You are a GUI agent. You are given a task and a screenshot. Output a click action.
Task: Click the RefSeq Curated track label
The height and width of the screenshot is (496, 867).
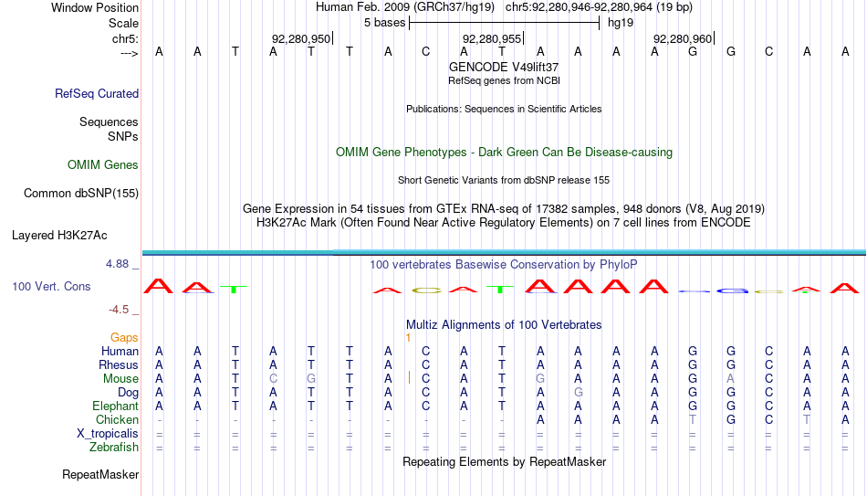pos(97,93)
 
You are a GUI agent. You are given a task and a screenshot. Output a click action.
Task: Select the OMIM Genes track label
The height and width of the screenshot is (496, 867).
pos(103,165)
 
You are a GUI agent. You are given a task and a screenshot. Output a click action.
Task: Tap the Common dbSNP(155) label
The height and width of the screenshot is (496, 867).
pos(81,194)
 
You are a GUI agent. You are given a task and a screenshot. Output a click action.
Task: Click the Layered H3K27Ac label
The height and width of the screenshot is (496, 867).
pos(59,236)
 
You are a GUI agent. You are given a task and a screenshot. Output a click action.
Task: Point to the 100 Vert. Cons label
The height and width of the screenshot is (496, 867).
pos(51,286)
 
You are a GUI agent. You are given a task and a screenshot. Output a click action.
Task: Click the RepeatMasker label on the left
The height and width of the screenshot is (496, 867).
pos(100,474)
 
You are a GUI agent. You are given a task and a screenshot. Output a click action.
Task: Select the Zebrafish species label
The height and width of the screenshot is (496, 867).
pos(114,448)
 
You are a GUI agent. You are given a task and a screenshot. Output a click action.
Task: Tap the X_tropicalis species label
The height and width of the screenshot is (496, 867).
pos(108,434)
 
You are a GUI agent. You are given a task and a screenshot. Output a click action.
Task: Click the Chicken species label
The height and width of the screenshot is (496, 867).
pos(117,420)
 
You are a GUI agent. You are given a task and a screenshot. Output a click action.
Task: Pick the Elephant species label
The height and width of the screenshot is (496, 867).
pos(115,406)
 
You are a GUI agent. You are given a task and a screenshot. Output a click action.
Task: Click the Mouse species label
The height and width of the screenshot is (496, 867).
pos(120,379)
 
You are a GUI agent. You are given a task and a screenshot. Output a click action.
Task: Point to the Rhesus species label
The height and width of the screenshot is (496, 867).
pos(119,364)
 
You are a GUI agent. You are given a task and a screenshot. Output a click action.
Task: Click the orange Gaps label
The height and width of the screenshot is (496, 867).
pos(124,338)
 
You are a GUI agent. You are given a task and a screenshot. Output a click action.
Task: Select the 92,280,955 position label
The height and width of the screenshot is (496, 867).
pos(492,38)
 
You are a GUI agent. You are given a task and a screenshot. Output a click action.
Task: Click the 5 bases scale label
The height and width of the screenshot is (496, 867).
pos(384,23)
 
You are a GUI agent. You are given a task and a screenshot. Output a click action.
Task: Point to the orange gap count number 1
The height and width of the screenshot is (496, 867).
pos(408,338)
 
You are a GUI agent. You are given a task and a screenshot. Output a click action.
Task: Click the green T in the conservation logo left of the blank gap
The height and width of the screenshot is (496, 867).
pos(234,289)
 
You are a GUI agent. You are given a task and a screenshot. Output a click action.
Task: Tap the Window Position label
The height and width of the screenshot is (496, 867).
pos(95,7)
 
